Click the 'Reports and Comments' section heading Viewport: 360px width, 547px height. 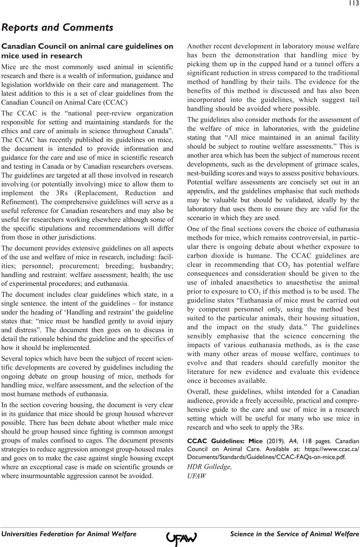coord(57,27)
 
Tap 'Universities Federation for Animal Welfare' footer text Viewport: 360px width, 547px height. coord(69,534)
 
